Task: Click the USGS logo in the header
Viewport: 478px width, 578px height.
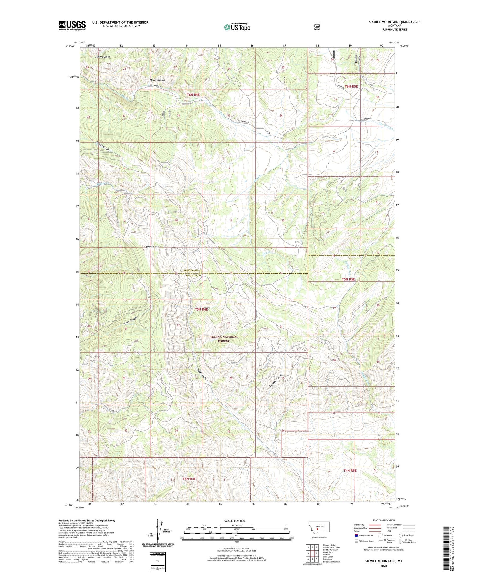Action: point(72,25)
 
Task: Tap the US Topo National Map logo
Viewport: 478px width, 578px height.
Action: point(237,27)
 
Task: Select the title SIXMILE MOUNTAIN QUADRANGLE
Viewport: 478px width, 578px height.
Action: point(395,22)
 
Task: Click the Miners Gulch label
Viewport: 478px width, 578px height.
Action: point(103,57)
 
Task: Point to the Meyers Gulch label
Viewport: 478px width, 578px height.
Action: point(157,80)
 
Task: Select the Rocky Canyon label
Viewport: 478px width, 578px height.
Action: point(130,319)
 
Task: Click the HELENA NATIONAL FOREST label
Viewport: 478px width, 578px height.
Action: point(224,339)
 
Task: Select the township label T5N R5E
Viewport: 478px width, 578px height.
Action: point(348,279)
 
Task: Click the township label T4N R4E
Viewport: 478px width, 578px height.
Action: point(189,479)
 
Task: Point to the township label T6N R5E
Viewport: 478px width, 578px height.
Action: point(351,86)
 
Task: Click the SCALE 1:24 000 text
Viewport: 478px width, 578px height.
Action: point(235,521)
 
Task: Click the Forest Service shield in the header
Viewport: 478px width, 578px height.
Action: point(317,26)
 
